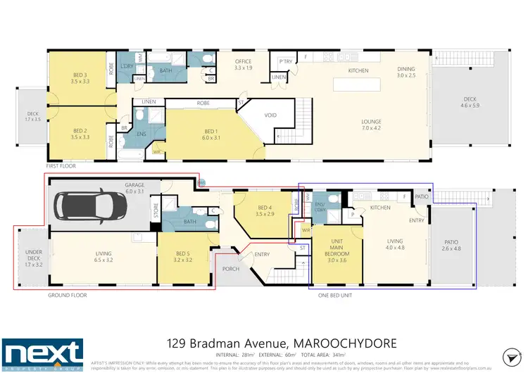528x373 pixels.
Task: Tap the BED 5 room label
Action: tap(182, 256)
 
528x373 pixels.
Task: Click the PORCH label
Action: tap(231, 268)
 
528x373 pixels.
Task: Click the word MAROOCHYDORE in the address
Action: tap(344, 343)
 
